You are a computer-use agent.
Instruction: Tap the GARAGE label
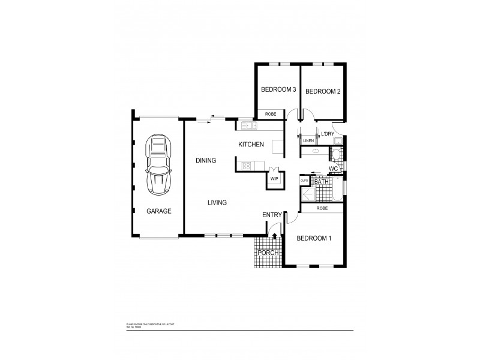pos(159,211)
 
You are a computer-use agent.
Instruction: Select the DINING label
pos(206,160)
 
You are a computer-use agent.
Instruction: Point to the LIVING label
pos(217,203)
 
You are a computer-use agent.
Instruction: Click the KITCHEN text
pos(251,145)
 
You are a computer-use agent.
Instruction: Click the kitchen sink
pos(248,125)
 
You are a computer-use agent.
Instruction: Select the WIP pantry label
pos(274,179)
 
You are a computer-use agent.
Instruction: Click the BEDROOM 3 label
pos(278,90)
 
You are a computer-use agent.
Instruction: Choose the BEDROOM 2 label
pos(323,91)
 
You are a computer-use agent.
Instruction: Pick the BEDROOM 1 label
pos(314,238)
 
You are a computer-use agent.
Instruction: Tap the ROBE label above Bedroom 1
pos(322,208)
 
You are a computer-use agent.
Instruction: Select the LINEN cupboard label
pos(308,140)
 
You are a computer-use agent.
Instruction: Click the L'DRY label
pos(327,133)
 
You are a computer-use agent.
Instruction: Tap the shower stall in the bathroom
pos(307,194)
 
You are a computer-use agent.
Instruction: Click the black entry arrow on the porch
pos(275,237)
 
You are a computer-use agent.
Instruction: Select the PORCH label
pos(268,253)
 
